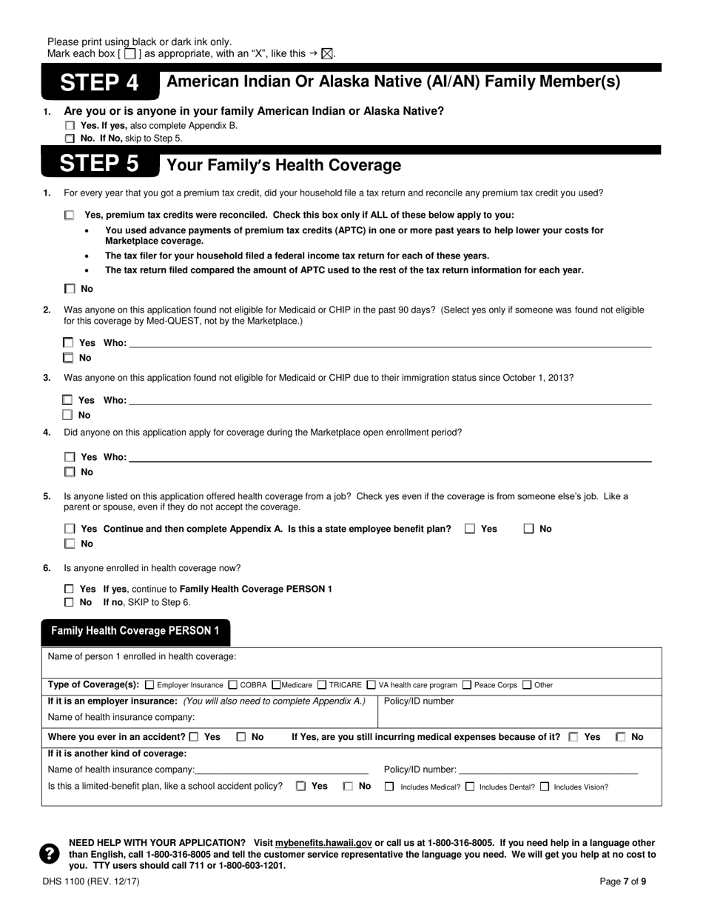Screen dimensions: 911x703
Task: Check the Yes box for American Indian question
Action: pyautogui.click(x=70, y=126)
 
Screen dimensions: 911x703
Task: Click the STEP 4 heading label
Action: pyautogui.click(x=99, y=82)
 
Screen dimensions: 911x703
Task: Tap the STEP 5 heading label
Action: pyautogui.click(x=99, y=164)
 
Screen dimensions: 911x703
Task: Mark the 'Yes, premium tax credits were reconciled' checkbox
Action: pyautogui.click(x=70, y=216)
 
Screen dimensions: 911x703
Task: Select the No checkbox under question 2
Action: pyautogui.click(x=69, y=358)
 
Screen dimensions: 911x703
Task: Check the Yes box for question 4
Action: pyautogui.click(x=70, y=457)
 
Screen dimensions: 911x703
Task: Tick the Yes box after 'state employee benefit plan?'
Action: pyautogui.click(x=470, y=529)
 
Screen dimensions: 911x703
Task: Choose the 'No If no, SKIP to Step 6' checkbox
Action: pyautogui.click(x=70, y=602)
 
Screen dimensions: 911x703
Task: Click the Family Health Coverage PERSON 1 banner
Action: pyautogui.click(x=135, y=631)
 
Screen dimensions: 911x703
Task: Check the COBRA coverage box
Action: pyautogui.click(x=233, y=684)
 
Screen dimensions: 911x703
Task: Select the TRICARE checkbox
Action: pyautogui.click(x=322, y=684)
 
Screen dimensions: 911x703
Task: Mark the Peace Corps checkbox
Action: pyautogui.click(x=467, y=684)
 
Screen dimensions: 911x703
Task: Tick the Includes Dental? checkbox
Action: pyautogui.click(x=470, y=787)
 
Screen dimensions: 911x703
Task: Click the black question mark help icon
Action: pyautogui.click(x=50, y=854)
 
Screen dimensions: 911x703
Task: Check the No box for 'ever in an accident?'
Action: pyautogui.click(x=241, y=737)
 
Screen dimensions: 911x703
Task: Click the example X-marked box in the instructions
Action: pyautogui.click(x=328, y=53)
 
